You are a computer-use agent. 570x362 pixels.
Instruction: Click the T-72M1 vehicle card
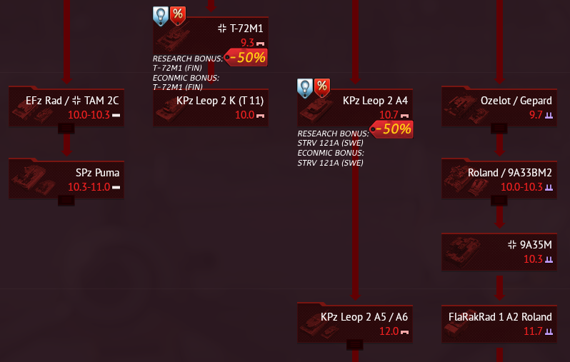pyautogui.click(x=211, y=35)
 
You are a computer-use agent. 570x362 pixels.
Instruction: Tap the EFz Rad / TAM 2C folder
pyautogui.click(x=66, y=106)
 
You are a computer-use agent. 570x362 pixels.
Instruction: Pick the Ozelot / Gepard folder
pyautogui.click(x=499, y=106)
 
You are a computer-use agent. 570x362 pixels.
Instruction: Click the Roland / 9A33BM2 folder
pyautogui.click(x=499, y=179)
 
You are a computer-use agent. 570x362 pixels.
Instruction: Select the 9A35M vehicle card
pyautogui.click(x=499, y=251)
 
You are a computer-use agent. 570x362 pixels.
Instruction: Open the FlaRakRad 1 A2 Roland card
pyautogui.click(x=499, y=323)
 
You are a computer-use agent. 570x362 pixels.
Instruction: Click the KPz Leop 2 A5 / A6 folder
pyautogui.click(x=355, y=323)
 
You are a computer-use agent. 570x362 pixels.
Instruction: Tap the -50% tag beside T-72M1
pyautogui.click(x=246, y=58)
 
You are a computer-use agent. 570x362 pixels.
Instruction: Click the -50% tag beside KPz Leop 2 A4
pyautogui.click(x=391, y=129)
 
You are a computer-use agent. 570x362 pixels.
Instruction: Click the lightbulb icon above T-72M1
pyautogui.click(x=161, y=15)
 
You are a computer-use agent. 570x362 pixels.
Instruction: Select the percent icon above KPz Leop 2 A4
pyautogui.click(x=322, y=87)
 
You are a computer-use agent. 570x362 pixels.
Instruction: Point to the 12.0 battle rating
pyautogui.click(x=389, y=331)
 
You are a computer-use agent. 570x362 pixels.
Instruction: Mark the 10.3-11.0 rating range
pyautogui.click(x=89, y=187)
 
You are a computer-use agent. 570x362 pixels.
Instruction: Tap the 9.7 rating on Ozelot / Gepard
pyautogui.click(x=536, y=114)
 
